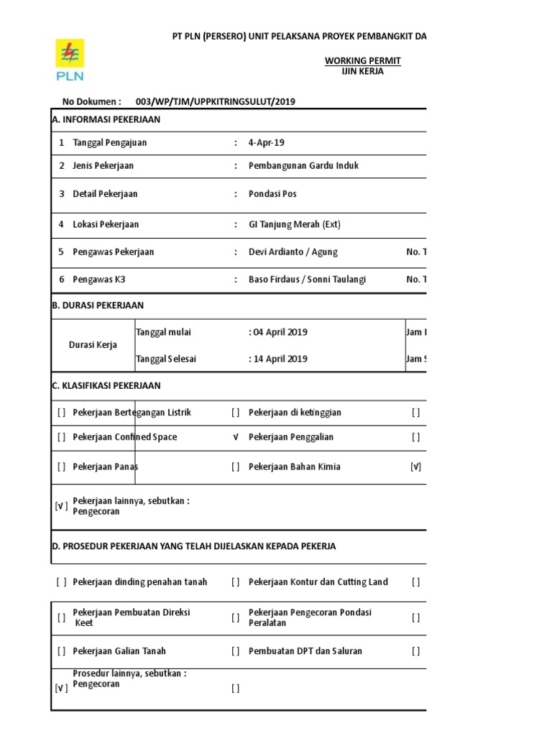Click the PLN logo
pyautogui.click(x=70, y=60)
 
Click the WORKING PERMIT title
pyautogui.click(x=362, y=61)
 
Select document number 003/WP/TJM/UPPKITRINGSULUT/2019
pyautogui.click(x=220, y=101)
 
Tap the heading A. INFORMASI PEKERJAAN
pyautogui.click(x=106, y=119)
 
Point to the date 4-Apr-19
pyautogui.click(x=267, y=142)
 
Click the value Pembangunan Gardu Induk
pyautogui.click(x=303, y=165)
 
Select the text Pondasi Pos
pyautogui.click(x=272, y=194)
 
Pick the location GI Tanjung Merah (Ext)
pyautogui.click(x=294, y=224)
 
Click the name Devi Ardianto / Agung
pyautogui.click(x=293, y=252)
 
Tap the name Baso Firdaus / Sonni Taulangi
pyautogui.click(x=307, y=279)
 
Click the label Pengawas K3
pyautogui.click(x=99, y=279)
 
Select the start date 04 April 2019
pyautogui.click(x=279, y=332)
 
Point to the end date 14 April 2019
pyautogui.click(x=279, y=359)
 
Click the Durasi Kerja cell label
pyautogui.click(x=93, y=345)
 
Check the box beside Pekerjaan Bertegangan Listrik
pyautogui.click(x=62, y=413)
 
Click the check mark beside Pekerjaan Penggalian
pyautogui.click(x=236, y=437)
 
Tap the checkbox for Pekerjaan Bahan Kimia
pyautogui.click(x=236, y=466)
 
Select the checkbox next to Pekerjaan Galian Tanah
pyautogui.click(x=62, y=650)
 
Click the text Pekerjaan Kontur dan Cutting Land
pyautogui.click(x=318, y=581)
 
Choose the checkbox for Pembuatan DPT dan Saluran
pyautogui.click(x=236, y=650)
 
